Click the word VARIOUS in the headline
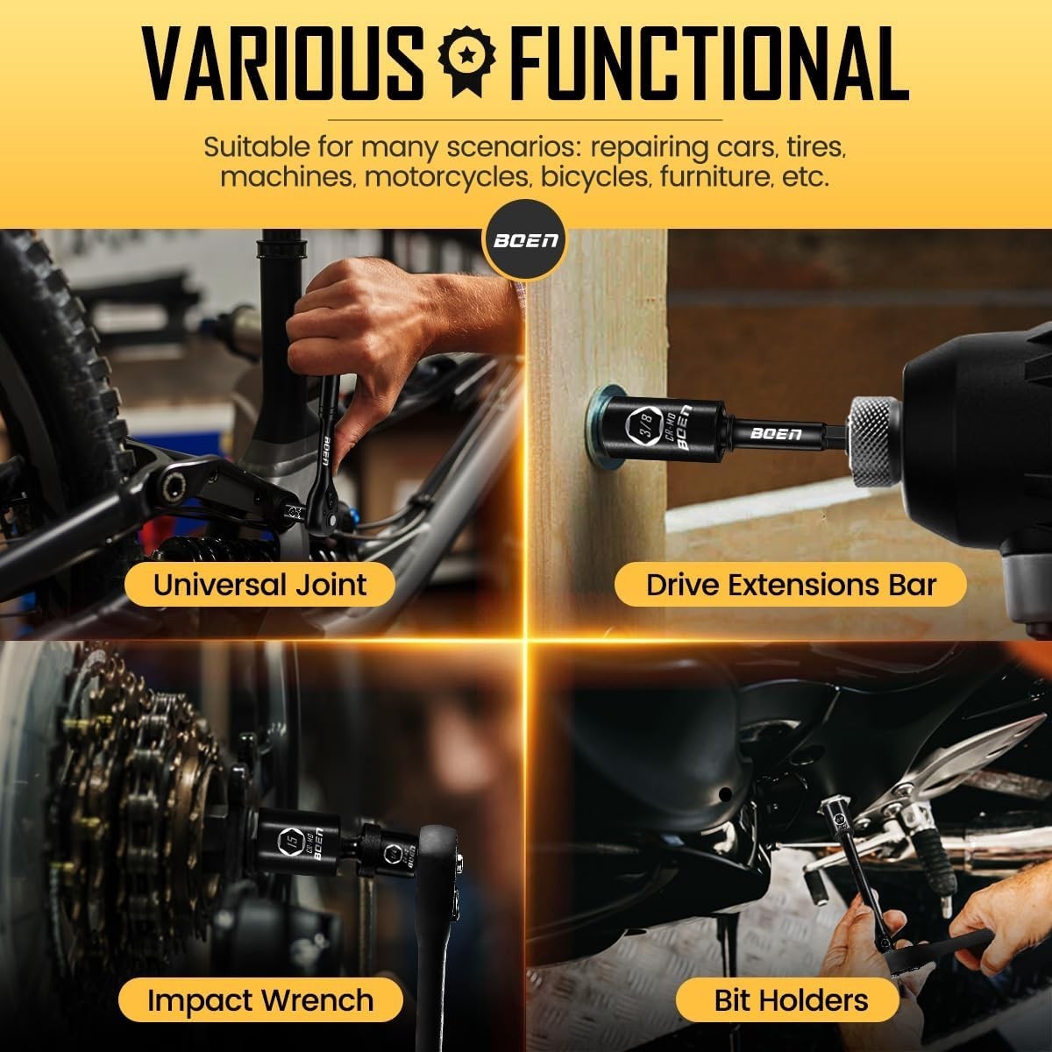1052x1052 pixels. (x=283, y=64)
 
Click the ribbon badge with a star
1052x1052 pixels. (x=466, y=62)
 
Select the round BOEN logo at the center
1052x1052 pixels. (x=526, y=240)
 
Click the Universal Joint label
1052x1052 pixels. (x=259, y=585)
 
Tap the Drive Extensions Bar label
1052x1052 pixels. (x=791, y=585)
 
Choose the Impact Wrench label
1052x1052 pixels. (x=260, y=1000)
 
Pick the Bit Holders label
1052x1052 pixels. (x=791, y=1000)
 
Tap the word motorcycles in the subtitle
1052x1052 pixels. (x=448, y=177)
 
